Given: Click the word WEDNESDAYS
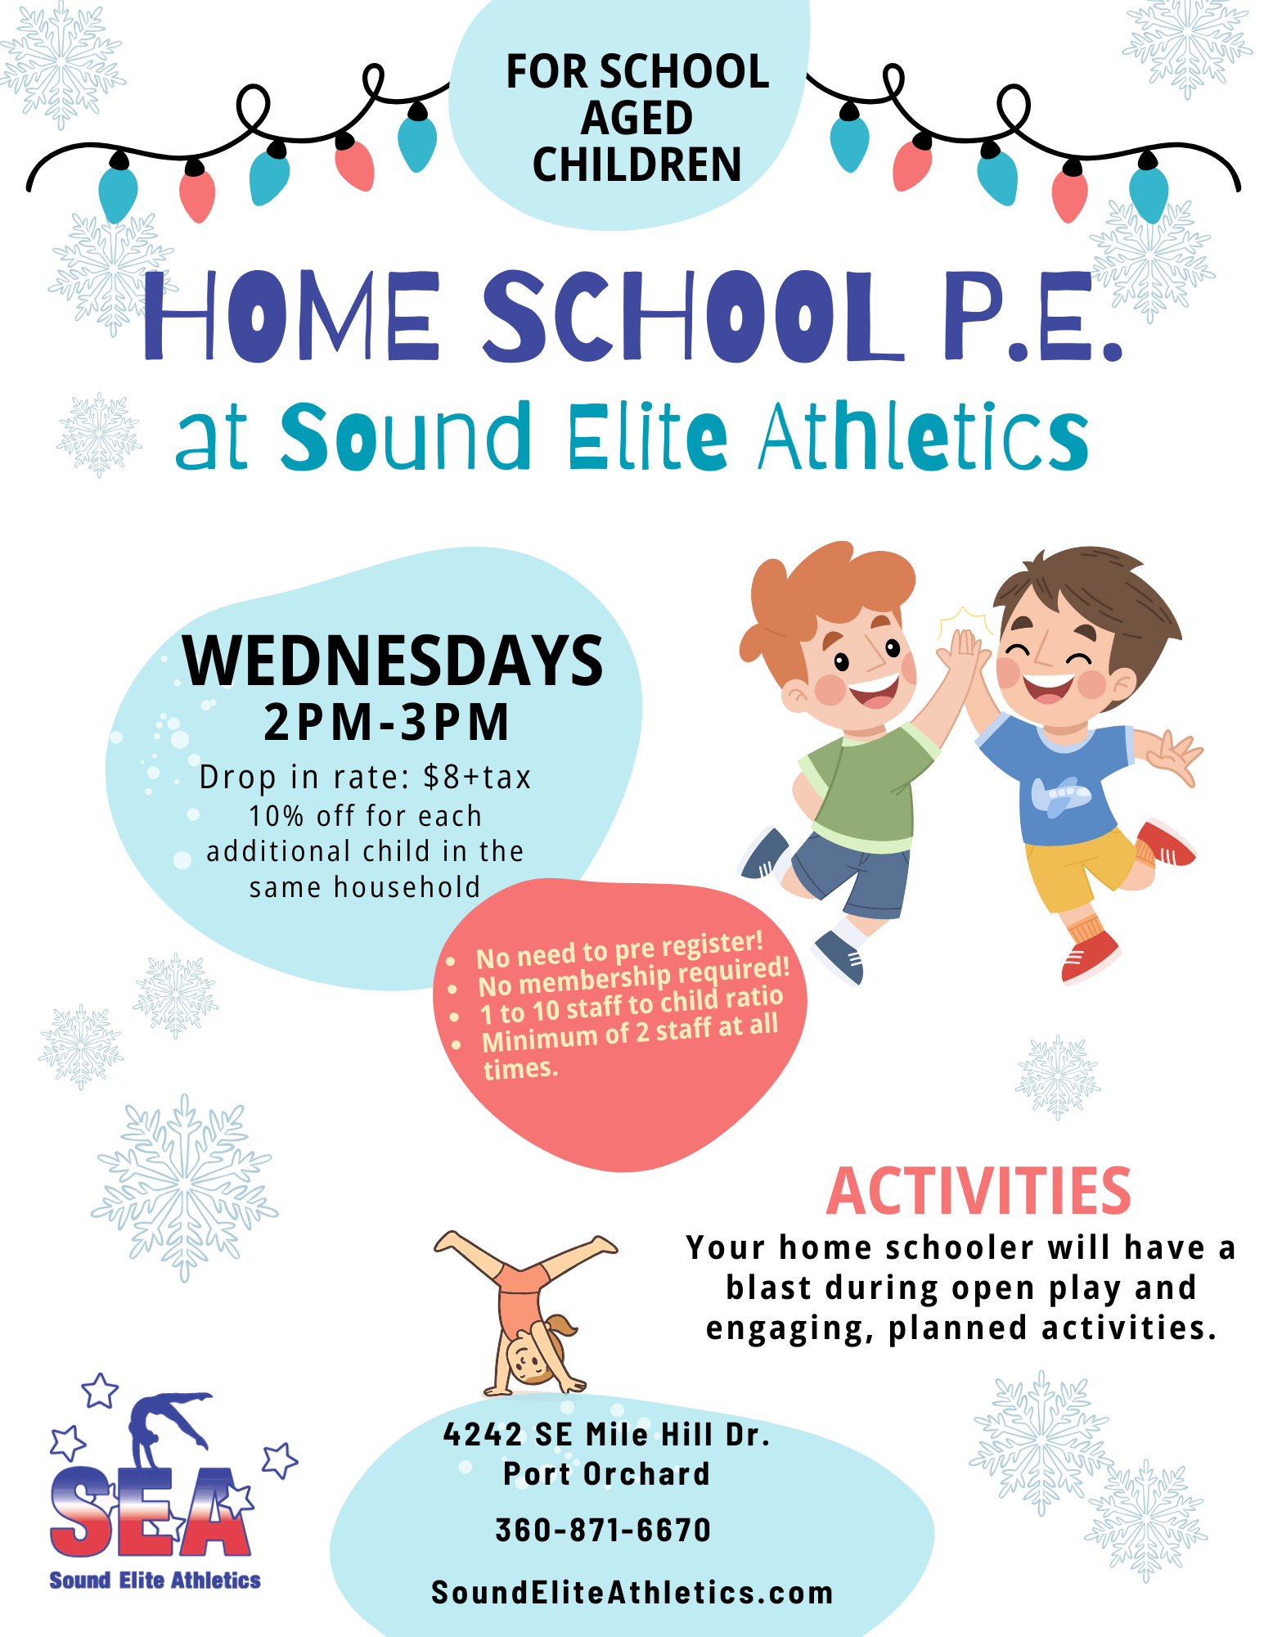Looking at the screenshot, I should (x=393, y=661).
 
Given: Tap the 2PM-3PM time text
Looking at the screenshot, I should (x=386, y=723).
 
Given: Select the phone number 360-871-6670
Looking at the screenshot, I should (x=604, y=1530).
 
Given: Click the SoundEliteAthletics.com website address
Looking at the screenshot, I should (x=632, y=1593).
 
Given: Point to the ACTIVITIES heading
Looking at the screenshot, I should (x=978, y=1192).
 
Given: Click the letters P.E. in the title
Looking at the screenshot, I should (x=1032, y=317).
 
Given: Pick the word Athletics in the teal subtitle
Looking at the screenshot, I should (x=924, y=437).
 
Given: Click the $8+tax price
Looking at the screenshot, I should (x=477, y=777).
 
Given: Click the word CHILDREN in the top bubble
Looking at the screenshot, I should (x=636, y=165).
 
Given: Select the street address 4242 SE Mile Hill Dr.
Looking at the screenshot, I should (x=606, y=1435).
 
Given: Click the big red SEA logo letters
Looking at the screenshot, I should (x=151, y=1513).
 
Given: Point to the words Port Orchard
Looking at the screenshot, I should (x=606, y=1474).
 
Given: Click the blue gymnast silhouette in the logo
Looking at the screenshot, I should (x=164, y=1424).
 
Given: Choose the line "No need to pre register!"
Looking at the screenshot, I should (x=619, y=949).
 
